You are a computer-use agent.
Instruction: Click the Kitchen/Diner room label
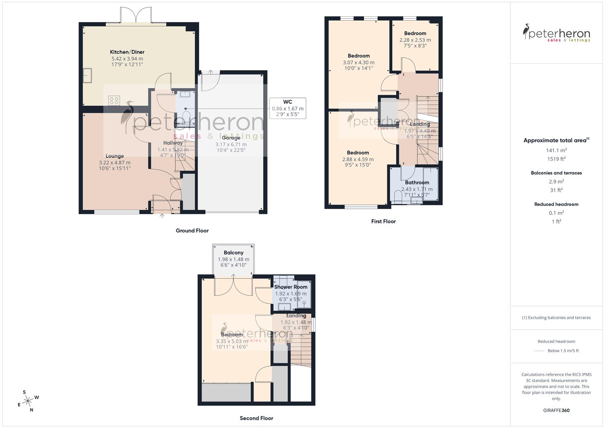(127, 52)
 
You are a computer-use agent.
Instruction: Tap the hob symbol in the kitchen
(114, 100)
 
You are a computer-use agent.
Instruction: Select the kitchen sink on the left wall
(87, 75)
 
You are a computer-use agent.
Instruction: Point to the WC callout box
(288, 108)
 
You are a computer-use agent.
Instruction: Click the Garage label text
(231, 138)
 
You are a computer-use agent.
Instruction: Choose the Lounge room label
(115, 156)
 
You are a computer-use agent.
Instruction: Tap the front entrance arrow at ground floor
(162, 216)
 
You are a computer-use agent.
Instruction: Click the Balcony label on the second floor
(233, 253)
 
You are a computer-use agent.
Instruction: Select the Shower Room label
(291, 287)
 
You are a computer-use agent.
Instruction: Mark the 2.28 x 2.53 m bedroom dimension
(415, 40)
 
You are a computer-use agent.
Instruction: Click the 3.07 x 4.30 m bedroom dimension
(359, 62)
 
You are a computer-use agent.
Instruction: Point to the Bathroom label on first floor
(417, 183)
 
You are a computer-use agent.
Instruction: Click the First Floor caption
(383, 222)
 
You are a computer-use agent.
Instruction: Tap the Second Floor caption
(256, 418)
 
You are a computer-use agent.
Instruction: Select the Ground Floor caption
(192, 231)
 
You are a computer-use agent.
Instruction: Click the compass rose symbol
(28, 401)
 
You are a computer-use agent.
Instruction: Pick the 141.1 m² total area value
(556, 150)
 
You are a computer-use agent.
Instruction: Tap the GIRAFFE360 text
(556, 411)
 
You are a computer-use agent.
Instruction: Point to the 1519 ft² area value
(556, 159)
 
